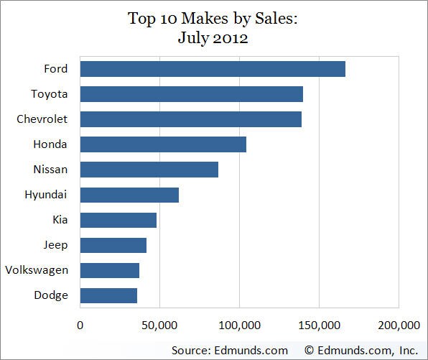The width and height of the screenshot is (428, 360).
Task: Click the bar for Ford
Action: pyautogui.click(x=213, y=69)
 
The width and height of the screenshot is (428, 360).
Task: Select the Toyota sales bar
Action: pyautogui.click(x=192, y=94)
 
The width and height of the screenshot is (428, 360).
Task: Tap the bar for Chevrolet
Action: pyautogui.click(x=191, y=119)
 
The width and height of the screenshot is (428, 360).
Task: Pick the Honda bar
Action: pyautogui.click(x=163, y=144)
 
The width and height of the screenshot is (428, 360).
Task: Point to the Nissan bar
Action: pyautogui.click(x=149, y=170)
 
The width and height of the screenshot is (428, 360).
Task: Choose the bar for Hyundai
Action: pyautogui.click(x=129, y=195)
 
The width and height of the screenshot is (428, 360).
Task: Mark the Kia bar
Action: pyautogui.click(x=118, y=220)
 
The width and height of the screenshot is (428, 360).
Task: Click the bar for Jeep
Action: pyautogui.click(x=113, y=245)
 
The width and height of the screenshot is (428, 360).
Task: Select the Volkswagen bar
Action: pyautogui.click(x=110, y=270)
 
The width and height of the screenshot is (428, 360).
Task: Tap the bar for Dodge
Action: pyautogui.click(x=108, y=295)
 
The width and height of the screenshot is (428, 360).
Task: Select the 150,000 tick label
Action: pyautogui.click(x=319, y=326)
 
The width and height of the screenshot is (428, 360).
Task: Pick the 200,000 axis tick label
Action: pyautogui.click(x=398, y=326)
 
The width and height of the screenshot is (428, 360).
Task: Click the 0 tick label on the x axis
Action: pyautogui.click(x=80, y=326)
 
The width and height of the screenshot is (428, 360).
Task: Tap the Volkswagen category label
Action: pyautogui.click(x=36, y=270)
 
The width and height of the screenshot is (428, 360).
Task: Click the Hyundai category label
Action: pyautogui.click(x=46, y=195)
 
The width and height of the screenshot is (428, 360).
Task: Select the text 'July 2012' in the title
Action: pyautogui.click(x=213, y=38)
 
